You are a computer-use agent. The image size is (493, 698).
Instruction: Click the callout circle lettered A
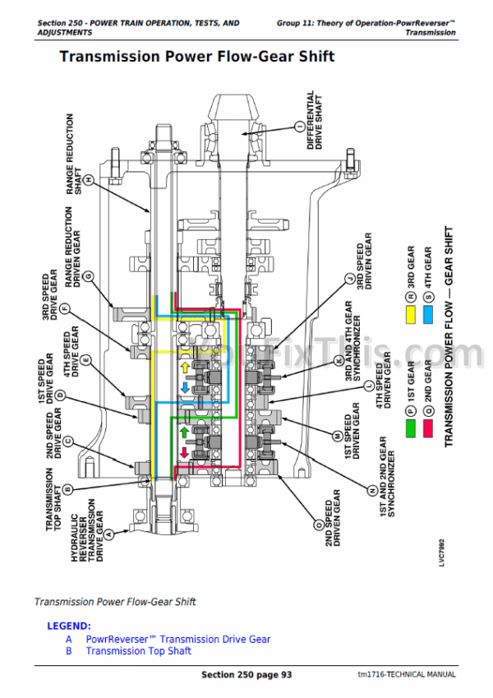(x=107, y=534)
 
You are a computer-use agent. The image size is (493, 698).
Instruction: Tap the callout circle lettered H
(x=89, y=179)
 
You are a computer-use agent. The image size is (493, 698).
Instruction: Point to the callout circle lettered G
(x=88, y=275)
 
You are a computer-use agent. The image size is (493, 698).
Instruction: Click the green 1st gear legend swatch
(x=409, y=428)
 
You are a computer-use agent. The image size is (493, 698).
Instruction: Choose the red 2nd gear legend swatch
(x=427, y=428)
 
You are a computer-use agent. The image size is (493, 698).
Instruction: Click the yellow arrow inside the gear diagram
(x=184, y=367)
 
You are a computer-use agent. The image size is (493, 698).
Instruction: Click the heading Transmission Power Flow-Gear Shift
(x=196, y=58)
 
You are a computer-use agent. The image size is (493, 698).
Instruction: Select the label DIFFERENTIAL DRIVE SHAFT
(x=315, y=119)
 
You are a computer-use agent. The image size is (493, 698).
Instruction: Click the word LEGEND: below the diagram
(x=68, y=626)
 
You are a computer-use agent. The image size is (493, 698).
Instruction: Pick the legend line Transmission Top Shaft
(x=139, y=651)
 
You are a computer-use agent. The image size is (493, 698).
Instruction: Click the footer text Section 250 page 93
(x=246, y=675)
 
